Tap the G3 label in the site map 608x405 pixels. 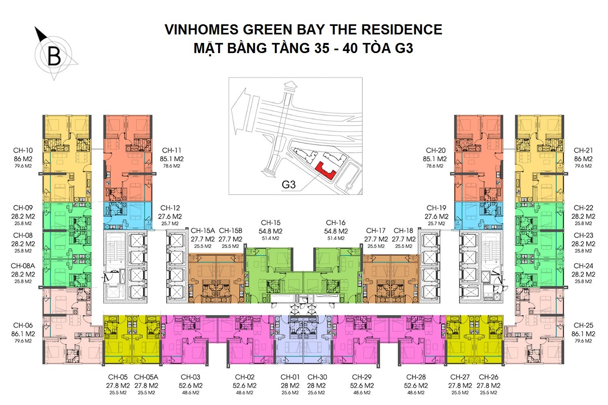tap(289, 185)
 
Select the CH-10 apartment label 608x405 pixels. tap(23, 150)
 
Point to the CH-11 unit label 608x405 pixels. tap(171, 150)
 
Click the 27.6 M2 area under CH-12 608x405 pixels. tap(170, 216)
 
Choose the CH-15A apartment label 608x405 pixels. tap(203, 230)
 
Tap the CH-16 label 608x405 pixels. tap(336, 223)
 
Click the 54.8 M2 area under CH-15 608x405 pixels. tap(271, 231)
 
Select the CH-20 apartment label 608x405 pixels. tap(436, 150)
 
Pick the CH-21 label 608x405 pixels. tap(583, 150)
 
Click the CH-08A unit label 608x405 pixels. tap(23, 266)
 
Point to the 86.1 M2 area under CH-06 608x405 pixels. tap(23, 334)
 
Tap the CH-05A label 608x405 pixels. tap(146, 377)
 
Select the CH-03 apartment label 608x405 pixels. tap(191, 377)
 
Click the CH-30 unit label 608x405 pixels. tap(317, 377)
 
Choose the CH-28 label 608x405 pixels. tap(416, 377)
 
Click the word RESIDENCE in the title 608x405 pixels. tap(402, 30)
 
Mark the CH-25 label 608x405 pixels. tap(583, 325)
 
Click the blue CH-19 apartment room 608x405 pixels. tap(479, 215)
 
